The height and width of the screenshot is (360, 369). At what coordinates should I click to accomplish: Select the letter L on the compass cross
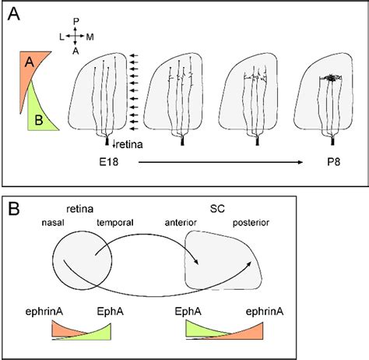pyautogui.click(x=61, y=35)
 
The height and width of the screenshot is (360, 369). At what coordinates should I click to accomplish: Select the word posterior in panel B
pyautogui.click(x=251, y=223)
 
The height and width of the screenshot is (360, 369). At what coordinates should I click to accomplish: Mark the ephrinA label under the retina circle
pyautogui.click(x=64, y=312)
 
